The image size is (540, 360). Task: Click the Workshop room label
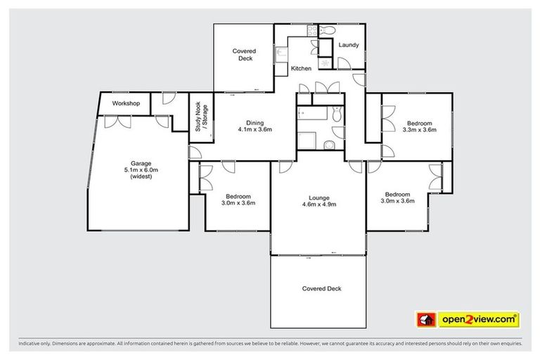point(126,103)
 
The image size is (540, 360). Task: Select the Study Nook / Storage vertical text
point(201,117)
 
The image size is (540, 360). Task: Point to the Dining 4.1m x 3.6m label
point(254,125)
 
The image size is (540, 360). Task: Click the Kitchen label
point(301,68)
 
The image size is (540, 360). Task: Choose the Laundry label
point(349,45)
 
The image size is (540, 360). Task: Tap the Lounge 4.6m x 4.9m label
point(319,201)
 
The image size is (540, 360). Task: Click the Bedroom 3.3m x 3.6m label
point(420,125)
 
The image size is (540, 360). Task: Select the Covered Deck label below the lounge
point(321,288)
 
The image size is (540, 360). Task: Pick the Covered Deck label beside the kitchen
point(245,55)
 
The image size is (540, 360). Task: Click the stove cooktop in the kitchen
point(313,30)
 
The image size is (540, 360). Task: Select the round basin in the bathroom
point(330,145)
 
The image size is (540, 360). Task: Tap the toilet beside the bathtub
point(337,114)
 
